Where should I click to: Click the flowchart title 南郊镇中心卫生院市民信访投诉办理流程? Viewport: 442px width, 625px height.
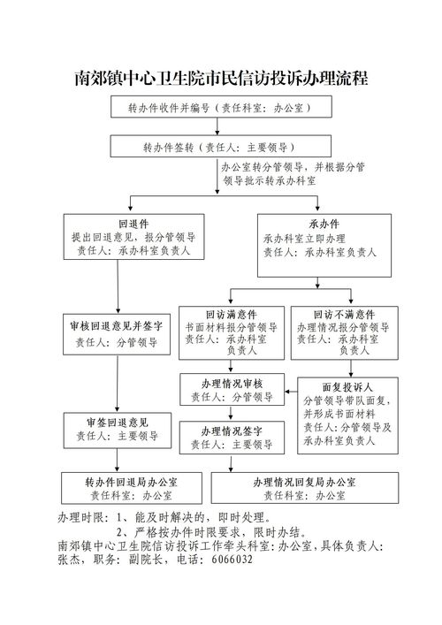pos(220,78)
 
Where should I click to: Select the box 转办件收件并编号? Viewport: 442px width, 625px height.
pos(220,108)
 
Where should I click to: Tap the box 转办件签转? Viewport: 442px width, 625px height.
pos(220,146)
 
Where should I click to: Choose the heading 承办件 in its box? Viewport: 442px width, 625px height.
pos(324,225)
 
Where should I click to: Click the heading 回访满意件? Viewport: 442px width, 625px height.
pos(231,314)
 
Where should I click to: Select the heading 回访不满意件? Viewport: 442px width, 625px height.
pos(344,314)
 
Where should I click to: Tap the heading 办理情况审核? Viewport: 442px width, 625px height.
pos(231,383)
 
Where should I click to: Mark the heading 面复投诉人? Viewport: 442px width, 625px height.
pos(347,387)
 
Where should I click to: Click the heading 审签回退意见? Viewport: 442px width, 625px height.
pos(118,421)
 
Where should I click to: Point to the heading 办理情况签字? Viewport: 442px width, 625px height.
pos(231,431)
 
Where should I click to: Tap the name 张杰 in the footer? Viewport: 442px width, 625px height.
pos(70,560)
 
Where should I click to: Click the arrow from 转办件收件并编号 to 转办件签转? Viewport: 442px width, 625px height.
pos(220,126)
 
